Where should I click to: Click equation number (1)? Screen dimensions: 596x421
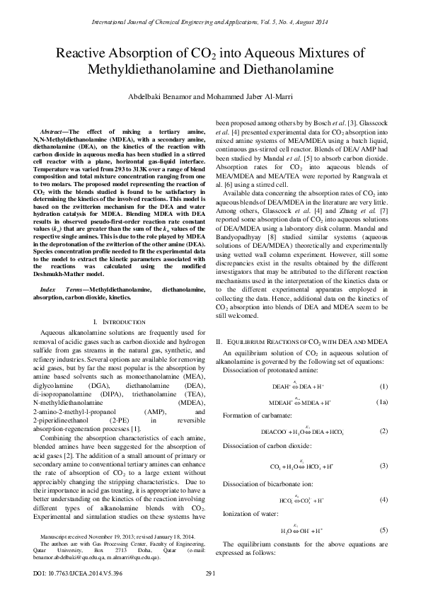click(383, 386)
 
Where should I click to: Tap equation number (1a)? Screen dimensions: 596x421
click(381, 401)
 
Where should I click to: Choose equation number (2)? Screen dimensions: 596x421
click(383, 431)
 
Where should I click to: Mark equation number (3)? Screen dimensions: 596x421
click(383, 466)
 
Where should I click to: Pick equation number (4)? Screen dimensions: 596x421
click(383, 500)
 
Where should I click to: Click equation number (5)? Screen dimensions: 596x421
click(383, 529)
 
